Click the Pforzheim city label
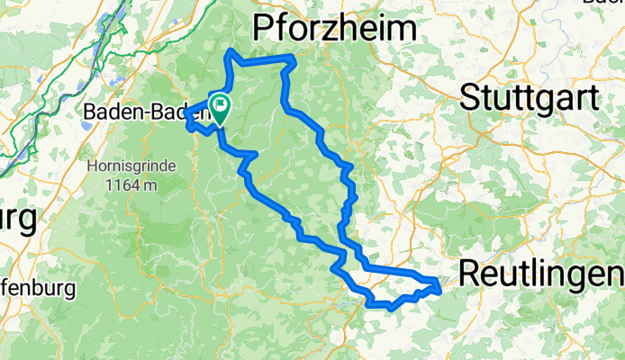click(335, 29)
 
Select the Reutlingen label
click(540, 271)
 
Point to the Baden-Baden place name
click(144, 112)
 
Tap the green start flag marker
click(220, 110)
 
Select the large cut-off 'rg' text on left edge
click(18, 219)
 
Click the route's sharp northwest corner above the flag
click(232, 52)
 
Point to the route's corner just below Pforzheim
click(292, 58)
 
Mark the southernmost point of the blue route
click(389, 308)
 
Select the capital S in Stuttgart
click(471, 96)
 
